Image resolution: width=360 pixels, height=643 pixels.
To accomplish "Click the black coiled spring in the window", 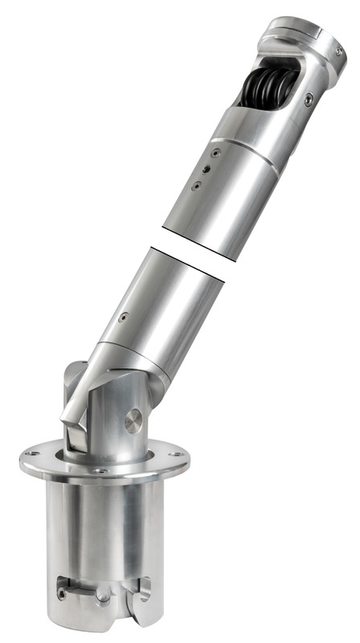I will pyautogui.click(x=268, y=86).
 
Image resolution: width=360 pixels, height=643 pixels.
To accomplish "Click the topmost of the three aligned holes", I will pyautogui.click(x=215, y=150).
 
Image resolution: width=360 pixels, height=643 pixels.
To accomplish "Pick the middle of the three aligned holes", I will pyautogui.click(x=206, y=169).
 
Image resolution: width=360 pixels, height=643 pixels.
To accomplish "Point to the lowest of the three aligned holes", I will pyautogui.click(x=195, y=186).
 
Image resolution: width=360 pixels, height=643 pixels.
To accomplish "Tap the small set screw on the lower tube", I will pyautogui.click(x=122, y=317).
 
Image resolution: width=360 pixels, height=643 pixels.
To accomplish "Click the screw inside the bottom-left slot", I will pyautogui.click(x=63, y=595).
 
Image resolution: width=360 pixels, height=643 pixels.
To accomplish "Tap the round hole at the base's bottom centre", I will pyautogui.click(x=103, y=598).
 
